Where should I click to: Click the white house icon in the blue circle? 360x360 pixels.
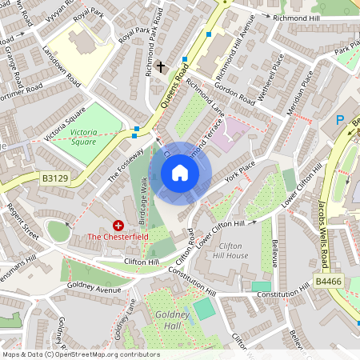[x=180, y=173]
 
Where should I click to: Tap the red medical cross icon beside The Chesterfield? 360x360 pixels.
[x=118, y=226]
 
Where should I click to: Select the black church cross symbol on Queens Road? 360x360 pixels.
[x=160, y=67]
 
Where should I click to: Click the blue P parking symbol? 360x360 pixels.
[x=339, y=120]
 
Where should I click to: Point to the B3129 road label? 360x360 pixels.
[x=55, y=178]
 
